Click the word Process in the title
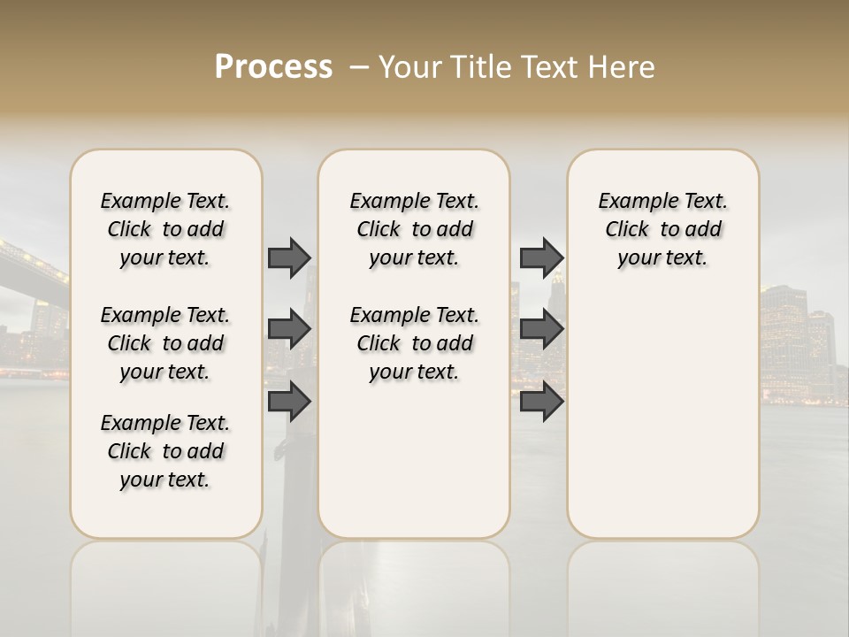click(273, 67)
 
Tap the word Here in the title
click(623, 67)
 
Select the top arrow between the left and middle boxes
click(289, 257)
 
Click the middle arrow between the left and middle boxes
click(289, 330)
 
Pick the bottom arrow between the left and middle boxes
click(289, 401)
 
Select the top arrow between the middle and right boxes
click(541, 257)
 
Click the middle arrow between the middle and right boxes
click(541, 330)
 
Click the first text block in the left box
click(165, 229)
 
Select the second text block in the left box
click(165, 343)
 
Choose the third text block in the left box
click(165, 451)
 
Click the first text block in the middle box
click(414, 229)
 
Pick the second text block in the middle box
click(414, 343)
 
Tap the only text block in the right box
click(662, 229)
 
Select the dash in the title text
click(359, 67)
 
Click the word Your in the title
click(410, 67)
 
